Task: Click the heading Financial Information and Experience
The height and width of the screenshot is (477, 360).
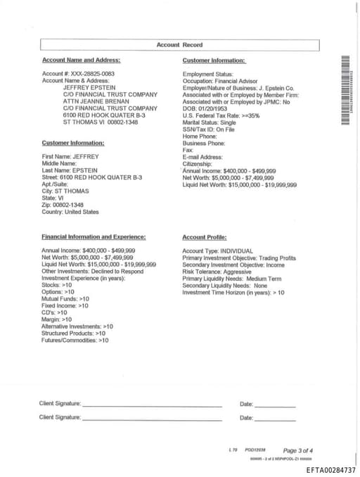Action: (94, 237)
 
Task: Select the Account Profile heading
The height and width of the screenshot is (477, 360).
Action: (204, 237)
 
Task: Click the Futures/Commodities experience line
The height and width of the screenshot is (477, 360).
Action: (75, 341)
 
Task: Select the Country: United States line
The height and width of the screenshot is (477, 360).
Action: (70, 212)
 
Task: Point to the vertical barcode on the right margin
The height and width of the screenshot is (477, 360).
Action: (345, 90)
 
